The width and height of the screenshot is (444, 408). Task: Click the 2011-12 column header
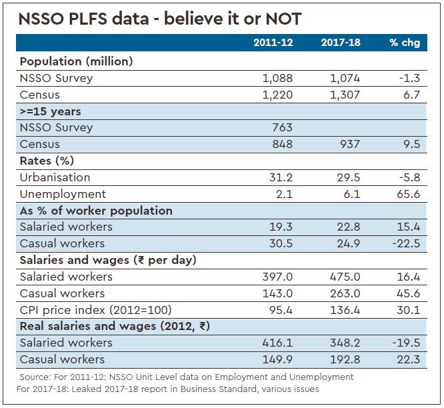[x=273, y=43]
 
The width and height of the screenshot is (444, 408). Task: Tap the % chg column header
[x=404, y=43]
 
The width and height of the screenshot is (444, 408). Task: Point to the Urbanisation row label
[x=55, y=177]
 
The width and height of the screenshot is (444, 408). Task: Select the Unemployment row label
[x=63, y=194]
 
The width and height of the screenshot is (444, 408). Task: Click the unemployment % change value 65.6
[x=409, y=194]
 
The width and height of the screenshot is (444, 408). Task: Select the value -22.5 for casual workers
[x=406, y=243]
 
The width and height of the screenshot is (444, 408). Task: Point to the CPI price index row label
[x=96, y=309]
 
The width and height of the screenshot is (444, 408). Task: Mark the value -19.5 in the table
[x=406, y=343]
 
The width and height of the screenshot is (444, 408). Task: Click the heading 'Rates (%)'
[x=47, y=161]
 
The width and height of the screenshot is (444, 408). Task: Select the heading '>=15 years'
[x=51, y=111]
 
